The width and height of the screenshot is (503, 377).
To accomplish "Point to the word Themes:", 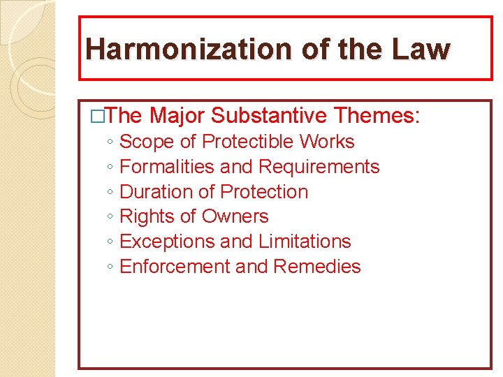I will click(378, 115).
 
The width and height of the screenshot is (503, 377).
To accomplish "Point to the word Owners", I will click(235, 216).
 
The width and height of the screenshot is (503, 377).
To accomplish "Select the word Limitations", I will click(305, 242).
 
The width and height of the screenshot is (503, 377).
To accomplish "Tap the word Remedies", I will click(317, 267).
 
